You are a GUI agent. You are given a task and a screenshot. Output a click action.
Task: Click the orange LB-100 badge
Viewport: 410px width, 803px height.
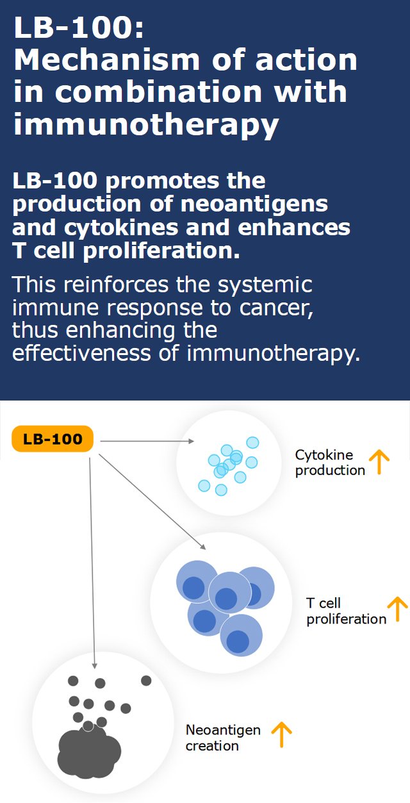[x=53, y=440]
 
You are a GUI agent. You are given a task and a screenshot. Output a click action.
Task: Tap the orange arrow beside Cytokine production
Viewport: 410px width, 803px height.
[x=379, y=461]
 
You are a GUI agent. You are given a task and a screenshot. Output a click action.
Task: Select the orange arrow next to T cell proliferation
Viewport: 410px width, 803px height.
[x=397, y=609]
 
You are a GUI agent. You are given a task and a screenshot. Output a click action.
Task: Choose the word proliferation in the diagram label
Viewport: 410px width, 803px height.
[x=346, y=619]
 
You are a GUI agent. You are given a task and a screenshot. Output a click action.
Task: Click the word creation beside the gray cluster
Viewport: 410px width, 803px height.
[x=212, y=746]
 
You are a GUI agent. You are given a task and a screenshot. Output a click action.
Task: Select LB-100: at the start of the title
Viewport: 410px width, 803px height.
[x=70, y=28]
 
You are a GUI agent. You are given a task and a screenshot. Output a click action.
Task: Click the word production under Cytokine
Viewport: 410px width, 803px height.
[x=329, y=470]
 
